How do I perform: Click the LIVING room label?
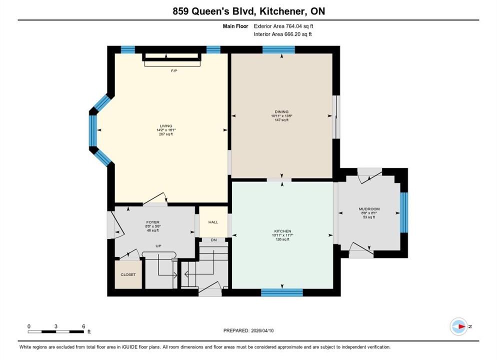pyautogui.click(x=166, y=126)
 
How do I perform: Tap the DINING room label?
pyautogui.click(x=281, y=111)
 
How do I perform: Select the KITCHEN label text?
pyautogui.click(x=282, y=231)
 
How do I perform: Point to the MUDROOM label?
pyautogui.click(x=369, y=209)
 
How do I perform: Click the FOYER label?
pyautogui.click(x=153, y=222)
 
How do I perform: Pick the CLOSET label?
pyautogui.click(x=128, y=274)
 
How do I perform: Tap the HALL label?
pyautogui.click(x=213, y=222)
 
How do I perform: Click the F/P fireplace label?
pyautogui.click(x=173, y=70)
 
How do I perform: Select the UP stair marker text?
pyautogui.click(x=158, y=245)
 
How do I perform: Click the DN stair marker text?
pyautogui.click(x=213, y=240)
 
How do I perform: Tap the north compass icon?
pyautogui.click(x=458, y=326)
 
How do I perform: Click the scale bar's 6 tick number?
pyautogui.click(x=83, y=326)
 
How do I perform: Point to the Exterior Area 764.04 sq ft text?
pyautogui.click(x=283, y=26)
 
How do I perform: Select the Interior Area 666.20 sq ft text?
pyautogui.click(x=282, y=34)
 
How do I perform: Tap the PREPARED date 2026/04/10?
pyautogui.click(x=262, y=330)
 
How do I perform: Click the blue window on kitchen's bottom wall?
pyautogui.click(x=282, y=292)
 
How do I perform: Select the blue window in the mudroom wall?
pyautogui.click(x=404, y=212)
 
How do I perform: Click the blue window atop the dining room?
pyautogui.click(x=278, y=50)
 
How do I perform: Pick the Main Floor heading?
pyautogui.click(x=235, y=26)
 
